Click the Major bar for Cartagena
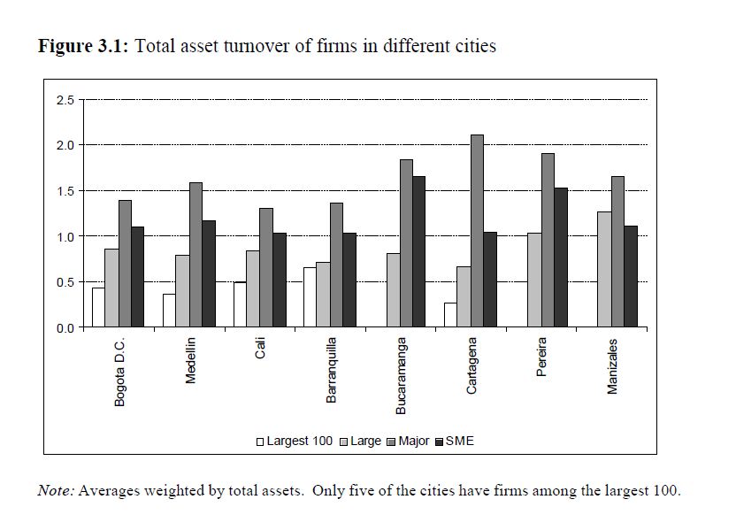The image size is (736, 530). click(477, 231)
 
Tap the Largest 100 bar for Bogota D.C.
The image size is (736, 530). click(98, 308)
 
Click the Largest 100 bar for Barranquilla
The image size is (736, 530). click(310, 297)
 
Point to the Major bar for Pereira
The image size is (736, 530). click(548, 241)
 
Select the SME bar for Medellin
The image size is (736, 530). click(209, 274)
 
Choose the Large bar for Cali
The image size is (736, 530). click(252, 289)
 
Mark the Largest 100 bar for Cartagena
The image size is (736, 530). click(450, 315)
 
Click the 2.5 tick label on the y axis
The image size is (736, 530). click(66, 100)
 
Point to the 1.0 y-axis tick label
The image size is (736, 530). click(66, 236)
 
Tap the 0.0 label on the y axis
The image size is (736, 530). click(66, 328)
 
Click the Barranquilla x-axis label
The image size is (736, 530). click(332, 370)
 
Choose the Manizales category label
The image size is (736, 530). click(612, 365)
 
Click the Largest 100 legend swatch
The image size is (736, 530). click(261, 442)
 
